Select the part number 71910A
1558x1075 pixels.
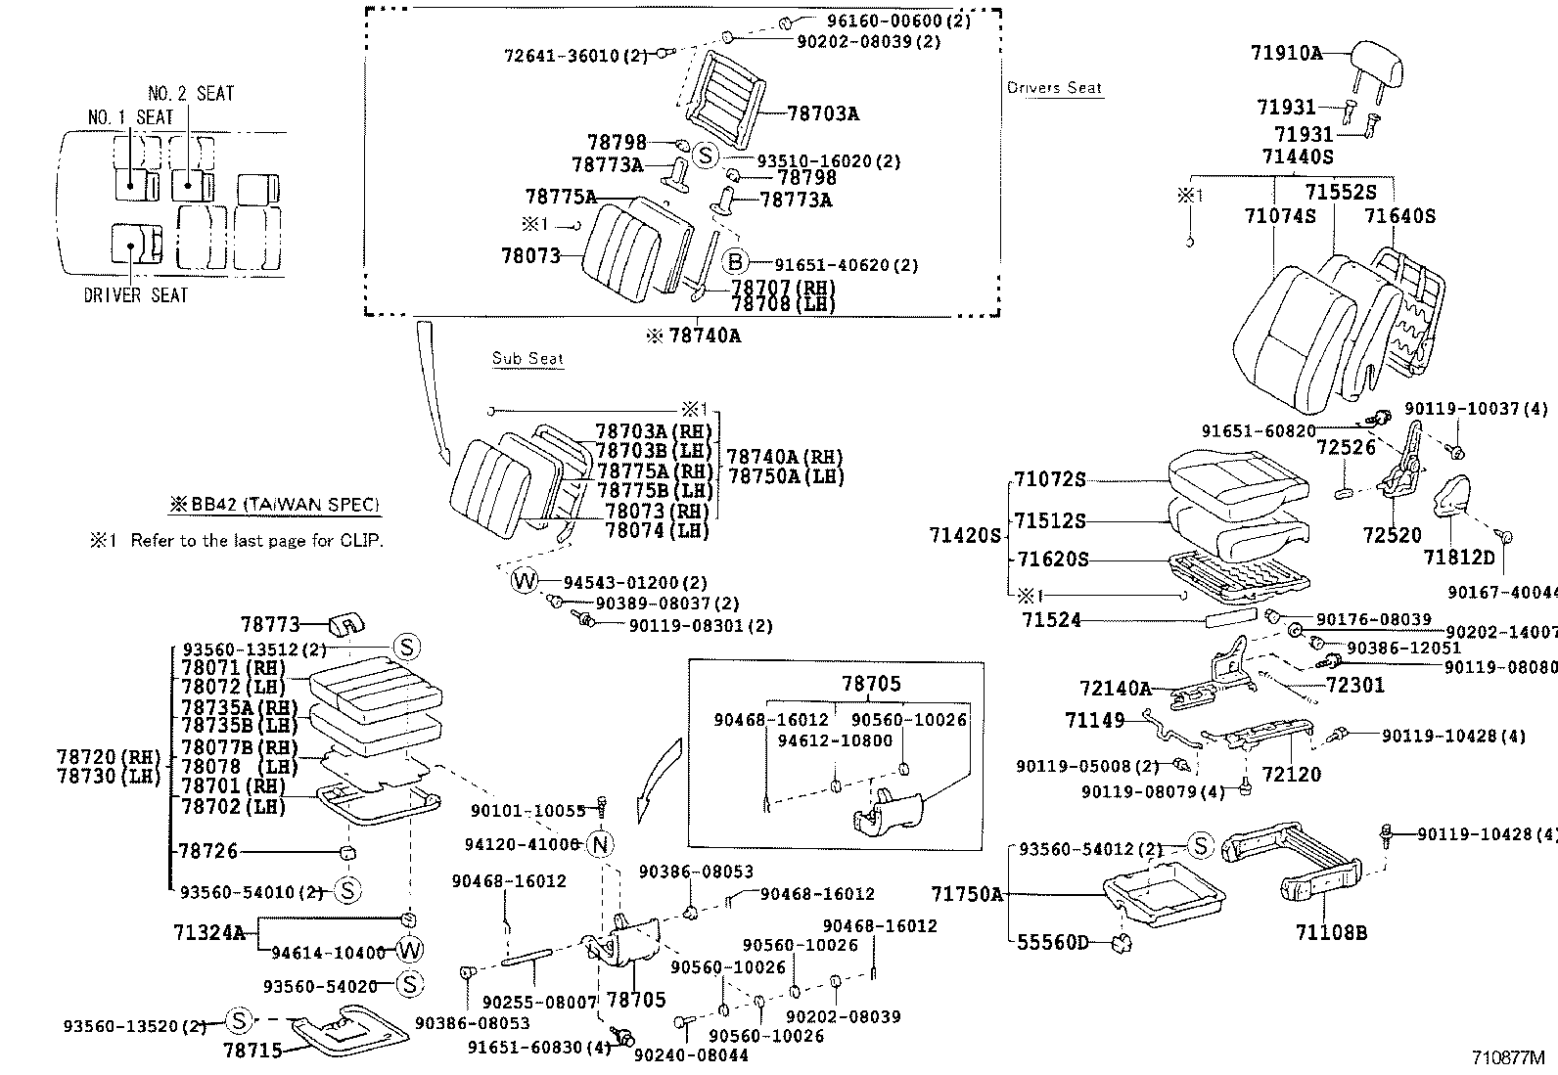(1286, 54)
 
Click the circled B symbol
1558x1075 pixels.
(735, 261)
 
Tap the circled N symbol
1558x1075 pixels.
(601, 844)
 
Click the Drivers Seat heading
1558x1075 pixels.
(1054, 88)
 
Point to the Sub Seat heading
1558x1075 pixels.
(527, 359)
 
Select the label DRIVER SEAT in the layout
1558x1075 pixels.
(136, 295)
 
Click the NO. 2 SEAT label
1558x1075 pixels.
(191, 94)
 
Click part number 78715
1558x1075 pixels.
(252, 1051)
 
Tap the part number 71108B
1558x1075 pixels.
(1331, 932)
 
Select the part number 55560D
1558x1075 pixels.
(1053, 942)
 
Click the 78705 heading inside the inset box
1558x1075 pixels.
(871, 684)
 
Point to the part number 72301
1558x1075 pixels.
(1355, 685)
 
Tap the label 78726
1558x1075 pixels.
(207, 852)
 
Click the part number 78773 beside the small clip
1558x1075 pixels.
(269, 623)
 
